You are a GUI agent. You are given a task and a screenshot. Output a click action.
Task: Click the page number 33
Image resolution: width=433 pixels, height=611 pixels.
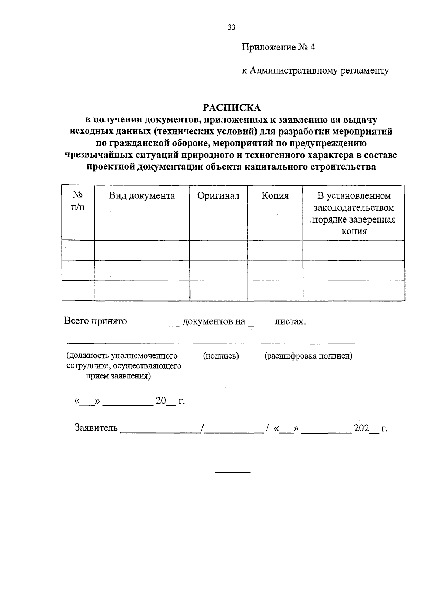(231, 27)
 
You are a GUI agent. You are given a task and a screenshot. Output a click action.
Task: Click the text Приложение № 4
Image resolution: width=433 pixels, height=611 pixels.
(278, 48)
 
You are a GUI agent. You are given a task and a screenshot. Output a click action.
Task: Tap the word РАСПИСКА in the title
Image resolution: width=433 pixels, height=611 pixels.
(231, 107)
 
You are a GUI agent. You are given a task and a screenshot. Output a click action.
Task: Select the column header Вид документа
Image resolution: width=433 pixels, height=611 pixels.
(142, 196)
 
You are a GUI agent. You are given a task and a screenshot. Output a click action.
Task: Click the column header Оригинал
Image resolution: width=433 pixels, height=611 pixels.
(218, 196)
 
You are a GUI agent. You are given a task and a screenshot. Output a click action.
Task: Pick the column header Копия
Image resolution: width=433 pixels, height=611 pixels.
(275, 196)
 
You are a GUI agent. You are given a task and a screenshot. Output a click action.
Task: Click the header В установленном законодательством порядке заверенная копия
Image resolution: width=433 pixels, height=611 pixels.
(354, 214)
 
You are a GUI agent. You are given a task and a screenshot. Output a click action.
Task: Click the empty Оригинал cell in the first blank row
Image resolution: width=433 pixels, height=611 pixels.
(218, 250)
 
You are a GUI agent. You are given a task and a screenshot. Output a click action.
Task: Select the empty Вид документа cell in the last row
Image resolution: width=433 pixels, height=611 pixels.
(142, 290)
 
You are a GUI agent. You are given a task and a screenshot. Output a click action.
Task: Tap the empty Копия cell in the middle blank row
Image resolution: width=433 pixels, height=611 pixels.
(275, 270)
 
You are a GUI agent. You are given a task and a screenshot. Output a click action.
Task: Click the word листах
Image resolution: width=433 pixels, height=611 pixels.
(290, 321)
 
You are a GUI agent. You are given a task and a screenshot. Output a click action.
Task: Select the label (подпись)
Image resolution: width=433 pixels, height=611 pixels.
(221, 356)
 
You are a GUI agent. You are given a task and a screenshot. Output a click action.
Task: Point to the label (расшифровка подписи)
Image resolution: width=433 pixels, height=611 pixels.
(308, 356)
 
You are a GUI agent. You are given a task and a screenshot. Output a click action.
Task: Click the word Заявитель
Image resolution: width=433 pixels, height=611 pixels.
(96, 428)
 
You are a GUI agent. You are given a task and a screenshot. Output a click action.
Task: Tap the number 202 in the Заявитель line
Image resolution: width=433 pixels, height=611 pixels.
(361, 428)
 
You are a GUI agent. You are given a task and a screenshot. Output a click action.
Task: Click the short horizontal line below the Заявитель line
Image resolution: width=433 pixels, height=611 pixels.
(233, 472)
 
